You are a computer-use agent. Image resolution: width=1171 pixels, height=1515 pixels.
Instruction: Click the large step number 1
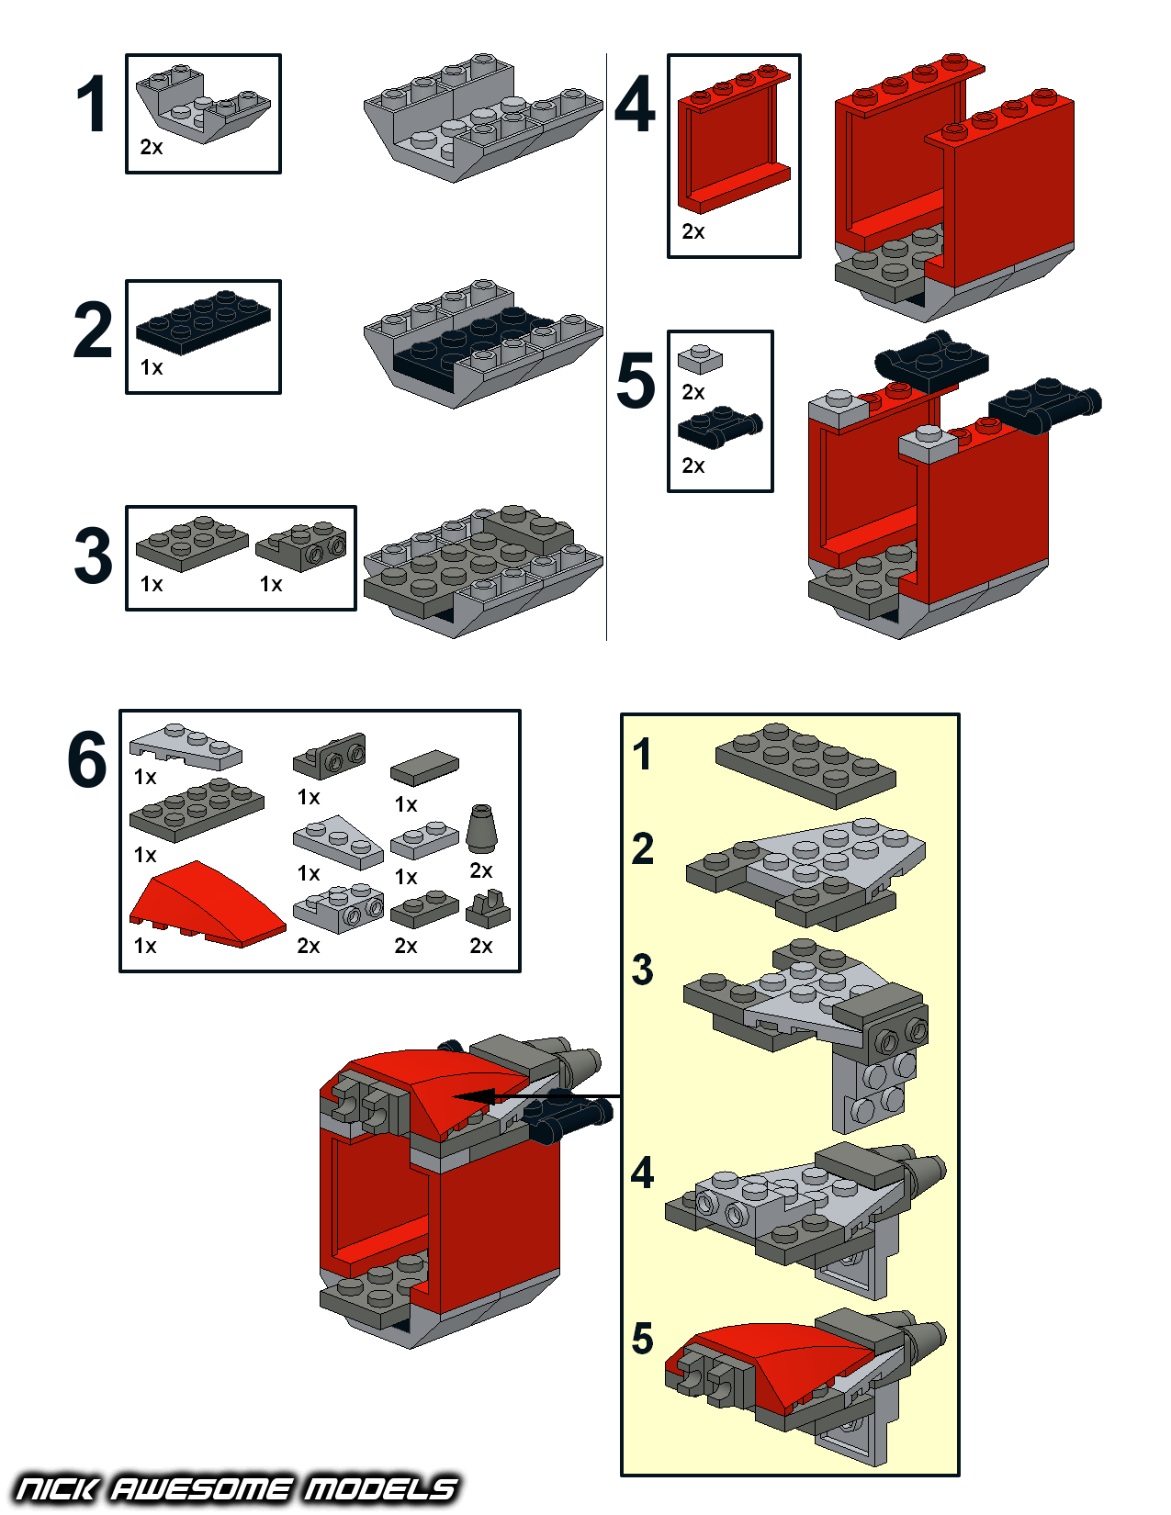point(92,106)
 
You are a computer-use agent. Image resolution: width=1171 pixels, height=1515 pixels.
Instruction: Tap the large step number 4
point(635,106)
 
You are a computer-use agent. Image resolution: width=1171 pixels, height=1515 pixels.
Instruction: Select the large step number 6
point(87,760)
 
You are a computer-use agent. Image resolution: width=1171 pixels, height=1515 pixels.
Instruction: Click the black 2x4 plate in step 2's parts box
point(203,321)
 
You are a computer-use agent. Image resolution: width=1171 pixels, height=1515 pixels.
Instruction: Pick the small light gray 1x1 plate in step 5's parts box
point(700,358)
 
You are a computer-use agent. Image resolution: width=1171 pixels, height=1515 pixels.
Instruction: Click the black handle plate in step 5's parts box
point(719,425)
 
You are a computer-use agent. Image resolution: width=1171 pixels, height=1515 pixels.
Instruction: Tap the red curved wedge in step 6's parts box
point(207,904)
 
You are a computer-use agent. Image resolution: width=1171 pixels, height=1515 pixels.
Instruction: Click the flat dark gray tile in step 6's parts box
point(424,768)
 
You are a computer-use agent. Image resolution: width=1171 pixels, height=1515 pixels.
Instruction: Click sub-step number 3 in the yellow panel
point(643,971)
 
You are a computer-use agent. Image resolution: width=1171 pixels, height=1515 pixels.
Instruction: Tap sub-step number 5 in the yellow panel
point(643,1340)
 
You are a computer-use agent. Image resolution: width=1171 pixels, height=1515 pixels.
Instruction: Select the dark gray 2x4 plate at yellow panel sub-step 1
point(805,765)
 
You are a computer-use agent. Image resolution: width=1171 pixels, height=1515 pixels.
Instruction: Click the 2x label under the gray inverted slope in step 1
point(152,147)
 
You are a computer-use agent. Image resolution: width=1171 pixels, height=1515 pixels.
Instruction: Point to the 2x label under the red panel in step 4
point(693,232)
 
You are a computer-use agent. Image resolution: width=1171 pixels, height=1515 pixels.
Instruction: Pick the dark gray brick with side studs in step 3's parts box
point(302,547)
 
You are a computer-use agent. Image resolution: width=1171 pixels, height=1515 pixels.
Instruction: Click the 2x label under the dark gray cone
point(481,870)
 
